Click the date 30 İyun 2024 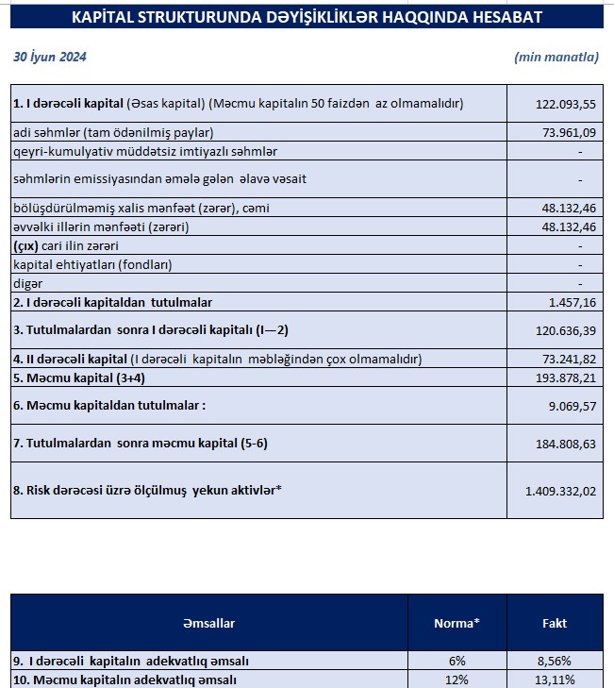50,57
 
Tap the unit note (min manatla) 556,57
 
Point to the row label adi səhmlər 113,132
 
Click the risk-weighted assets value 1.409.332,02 561,491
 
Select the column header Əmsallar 209,623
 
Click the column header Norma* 456,623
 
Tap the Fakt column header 555,623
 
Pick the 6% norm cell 457,661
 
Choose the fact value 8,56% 555,661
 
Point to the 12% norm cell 457,680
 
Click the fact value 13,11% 555,680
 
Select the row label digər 28,283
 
